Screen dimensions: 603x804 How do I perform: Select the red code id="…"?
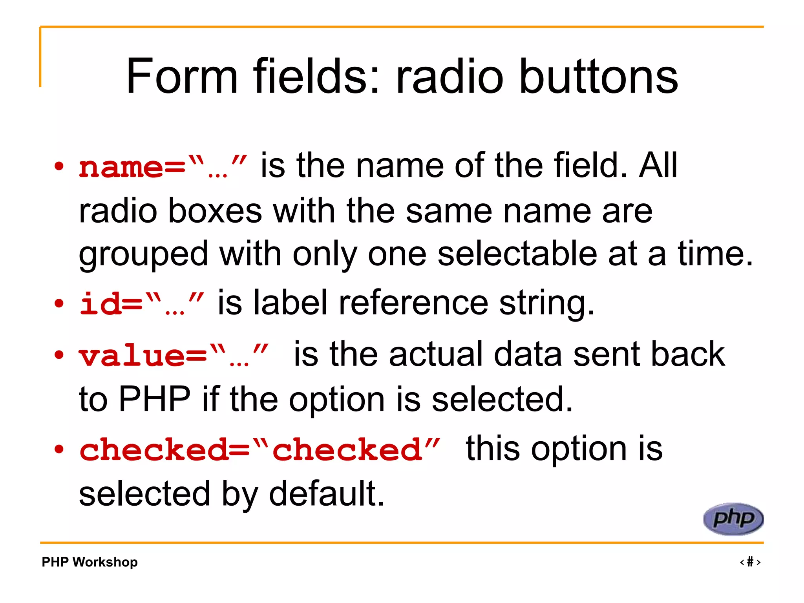click(142, 303)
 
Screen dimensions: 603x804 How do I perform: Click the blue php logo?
click(733, 519)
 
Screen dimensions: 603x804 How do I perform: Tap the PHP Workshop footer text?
click(90, 562)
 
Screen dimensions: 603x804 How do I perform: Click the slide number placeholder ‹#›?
click(750, 562)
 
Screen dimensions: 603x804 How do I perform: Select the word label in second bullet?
click(290, 303)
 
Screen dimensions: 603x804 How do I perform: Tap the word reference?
click(413, 303)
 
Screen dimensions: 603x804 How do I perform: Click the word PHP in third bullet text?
click(154, 399)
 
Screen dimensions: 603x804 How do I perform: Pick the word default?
click(326, 493)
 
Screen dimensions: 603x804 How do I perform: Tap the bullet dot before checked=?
click(59, 449)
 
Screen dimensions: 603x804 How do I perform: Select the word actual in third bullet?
click(436, 354)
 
